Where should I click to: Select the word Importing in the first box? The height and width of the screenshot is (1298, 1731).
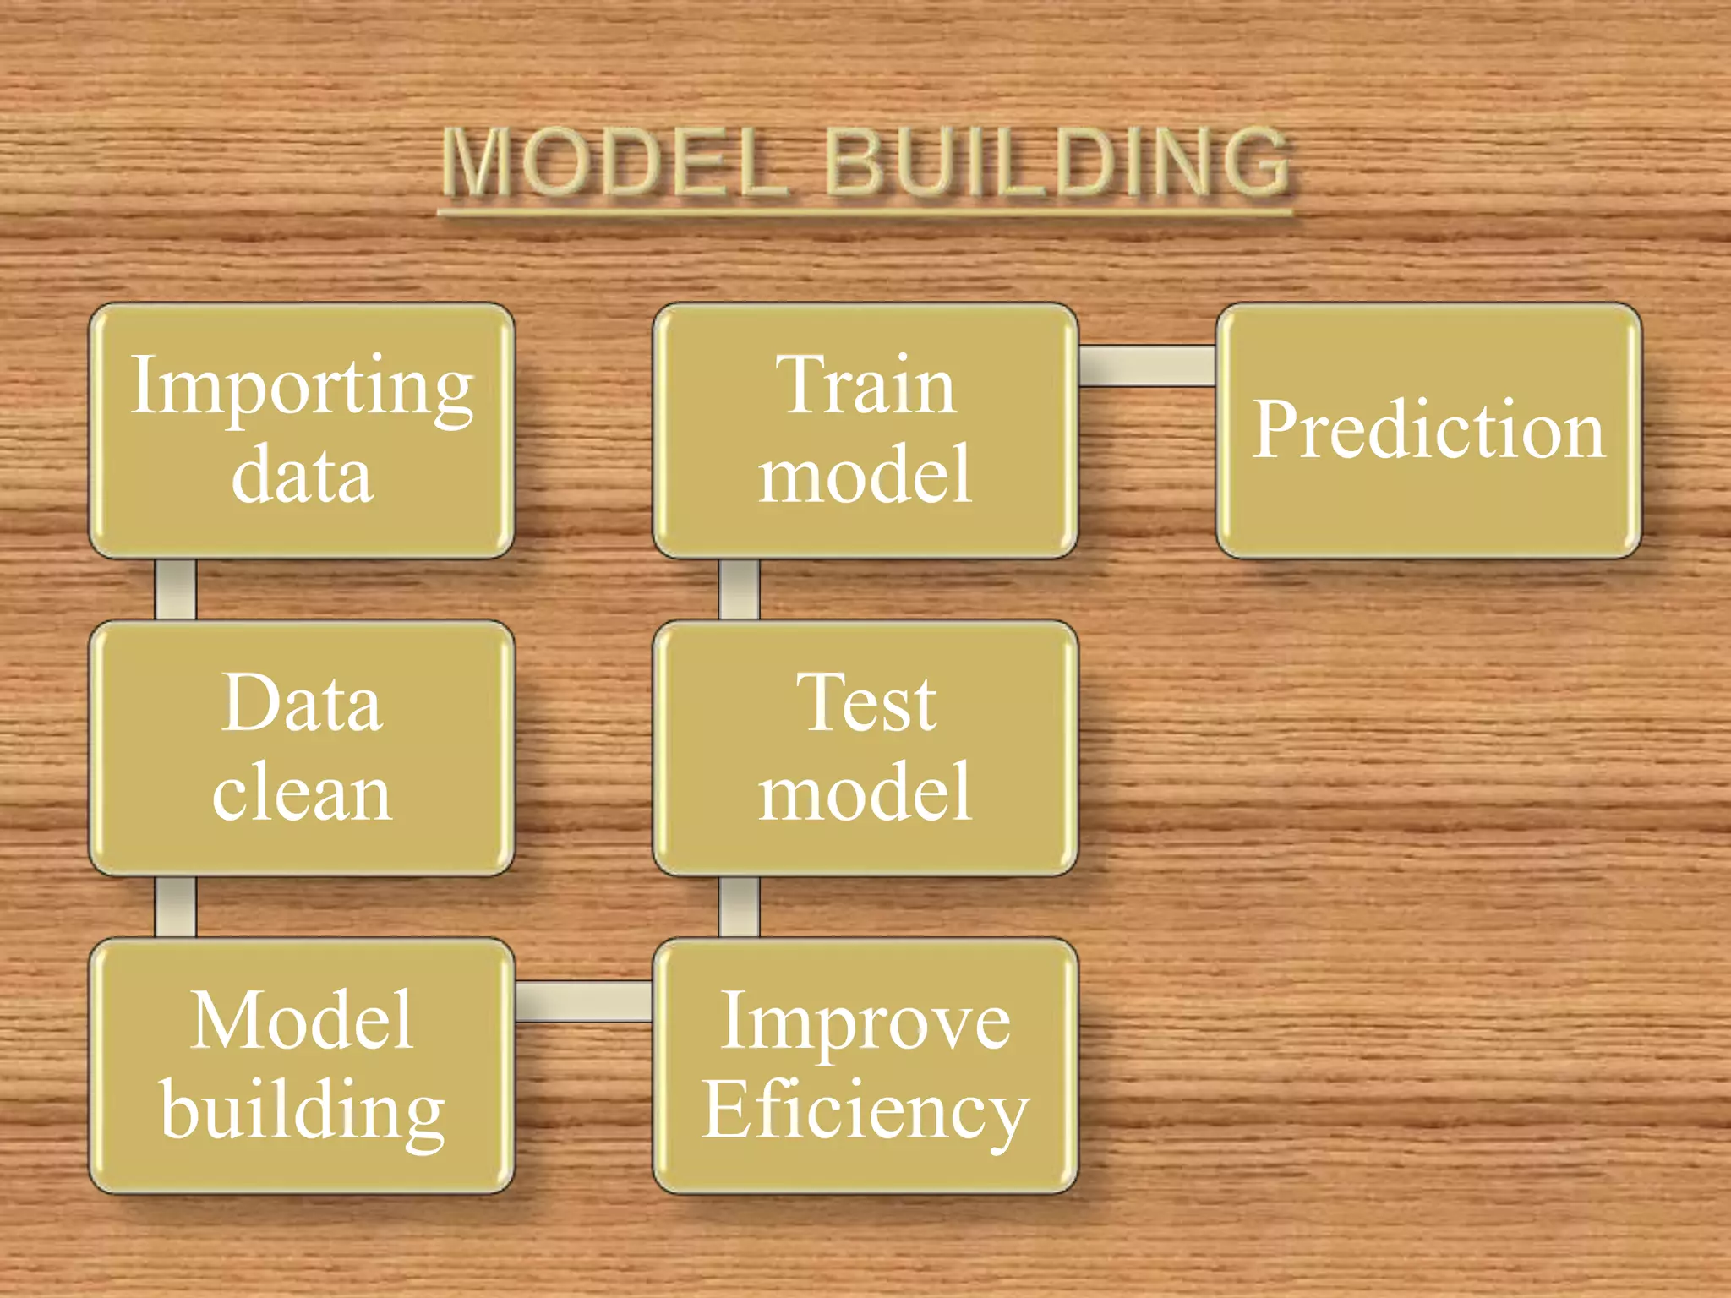[x=302, y=386]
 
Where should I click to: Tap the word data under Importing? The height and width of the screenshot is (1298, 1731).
[x=302, y=475]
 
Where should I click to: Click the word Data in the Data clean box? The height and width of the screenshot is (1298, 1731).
[x=302, y=703]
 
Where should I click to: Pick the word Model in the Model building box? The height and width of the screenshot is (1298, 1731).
[x=302, y=1021]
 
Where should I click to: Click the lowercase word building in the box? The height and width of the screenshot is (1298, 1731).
[x=302, y=1110]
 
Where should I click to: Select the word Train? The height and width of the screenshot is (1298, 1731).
[x=865, y=386]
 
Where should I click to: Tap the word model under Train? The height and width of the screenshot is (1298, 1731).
[x=865, y=475]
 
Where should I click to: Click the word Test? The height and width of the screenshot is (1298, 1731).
[x=865, y=703]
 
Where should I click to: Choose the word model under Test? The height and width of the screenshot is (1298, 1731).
[x=865, y=792]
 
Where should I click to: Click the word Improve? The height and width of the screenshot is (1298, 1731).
[x=865, y=1021]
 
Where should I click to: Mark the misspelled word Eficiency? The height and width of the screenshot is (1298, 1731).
[x=865, y=1110]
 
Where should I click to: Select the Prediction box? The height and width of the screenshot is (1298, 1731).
[x=1428, y=431]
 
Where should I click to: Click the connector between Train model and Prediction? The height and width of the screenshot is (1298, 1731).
[x=1147, y=366]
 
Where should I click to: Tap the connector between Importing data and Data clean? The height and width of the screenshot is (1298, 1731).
[x=176, y=589]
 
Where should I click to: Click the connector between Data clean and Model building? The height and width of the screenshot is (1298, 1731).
[x=176, y=907]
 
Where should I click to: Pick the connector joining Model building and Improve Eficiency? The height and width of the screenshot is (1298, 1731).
[x=583, y=1001]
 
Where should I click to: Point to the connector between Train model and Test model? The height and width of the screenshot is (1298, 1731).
[x=739, y=589]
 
